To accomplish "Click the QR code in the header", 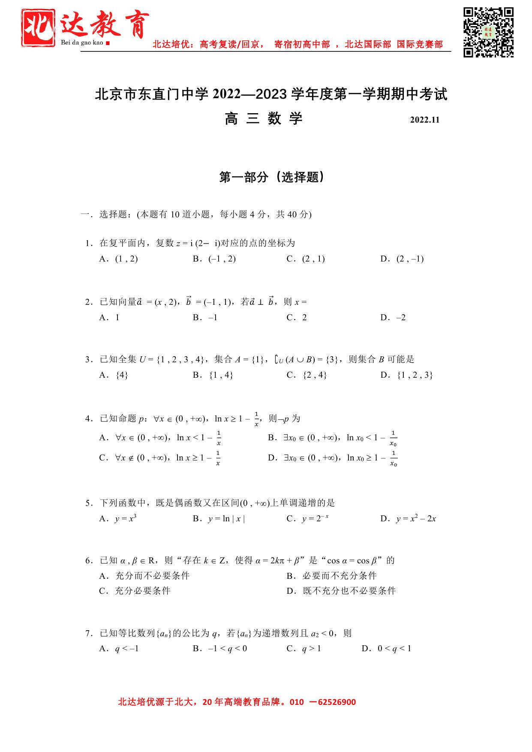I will tap(488, 32).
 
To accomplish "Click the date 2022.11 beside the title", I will tap(424, 120).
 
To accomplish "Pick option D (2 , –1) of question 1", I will tap(402, 259).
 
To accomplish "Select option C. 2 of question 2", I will tap(297, 317).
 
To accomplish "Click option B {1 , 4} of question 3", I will tap(213, 375).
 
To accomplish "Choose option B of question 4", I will tap(333, 438).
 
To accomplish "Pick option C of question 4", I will tap(160, 458).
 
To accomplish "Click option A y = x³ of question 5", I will tap(118, 519).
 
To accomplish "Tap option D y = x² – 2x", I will tap(408, 519).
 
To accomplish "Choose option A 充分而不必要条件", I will tap(144, 576).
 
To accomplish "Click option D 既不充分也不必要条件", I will tap(341, 591).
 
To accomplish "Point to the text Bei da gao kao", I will tap(82, 42).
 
